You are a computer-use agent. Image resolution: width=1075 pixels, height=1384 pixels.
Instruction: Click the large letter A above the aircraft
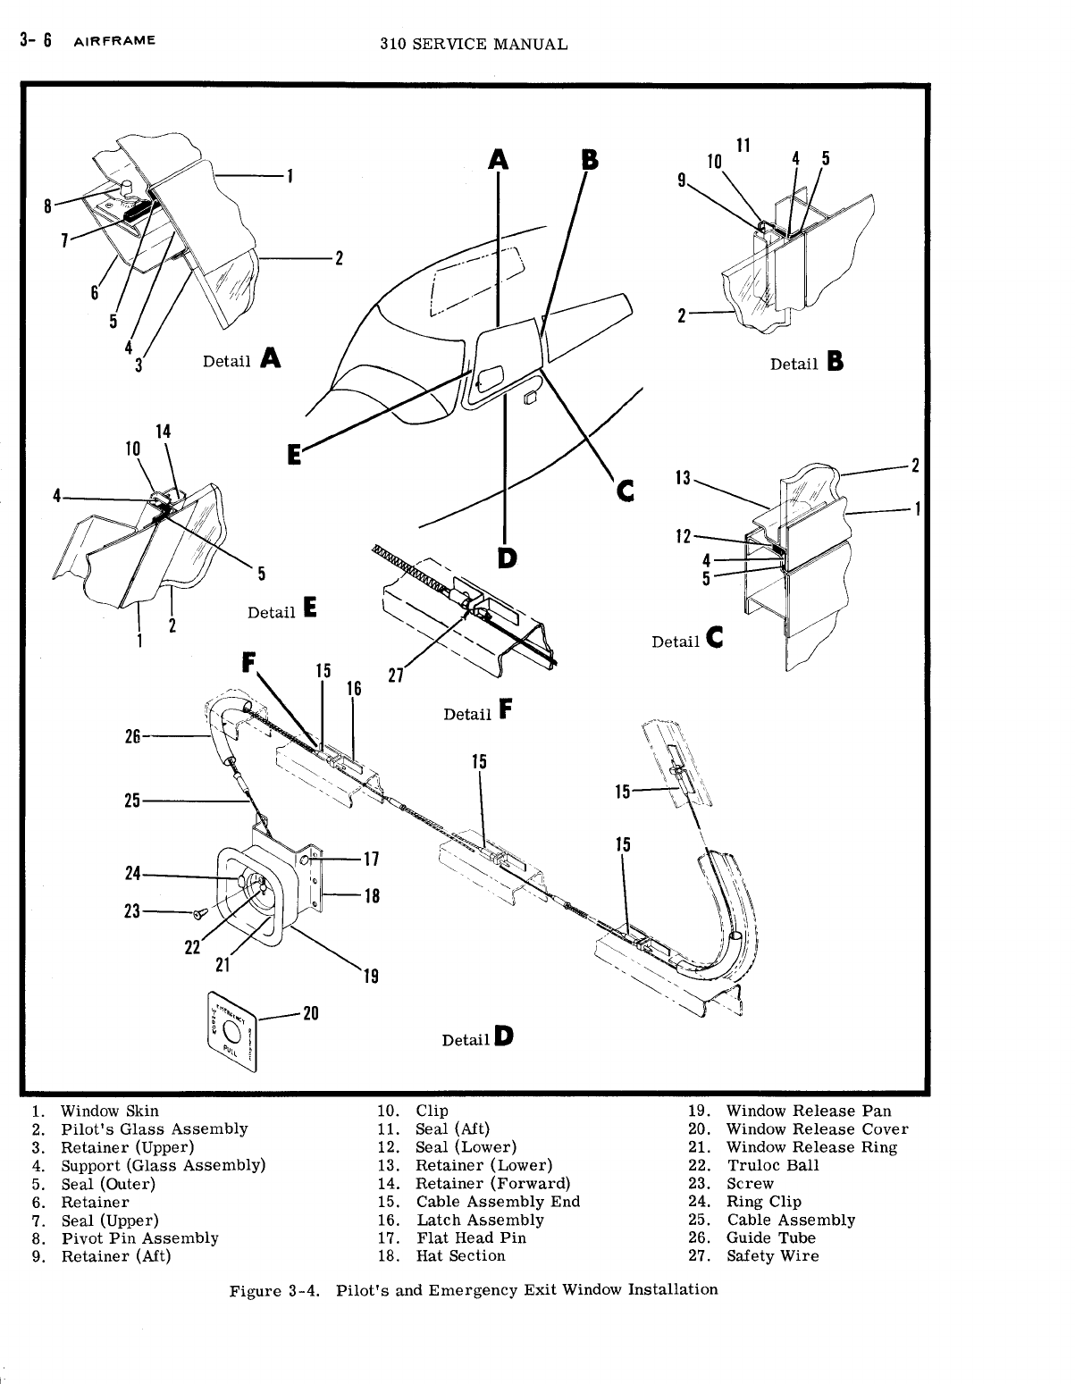499,159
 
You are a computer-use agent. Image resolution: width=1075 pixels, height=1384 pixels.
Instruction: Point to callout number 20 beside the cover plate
311,1012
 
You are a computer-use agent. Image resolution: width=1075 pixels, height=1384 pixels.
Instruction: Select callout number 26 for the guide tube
132,736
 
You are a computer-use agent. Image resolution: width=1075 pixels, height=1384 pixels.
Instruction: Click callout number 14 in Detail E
163,431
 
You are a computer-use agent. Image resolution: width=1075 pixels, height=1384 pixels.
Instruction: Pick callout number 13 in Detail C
684,478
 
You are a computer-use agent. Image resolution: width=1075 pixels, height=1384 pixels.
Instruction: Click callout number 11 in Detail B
743,145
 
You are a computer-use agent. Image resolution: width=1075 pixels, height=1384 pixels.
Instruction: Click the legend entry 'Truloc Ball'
772,1165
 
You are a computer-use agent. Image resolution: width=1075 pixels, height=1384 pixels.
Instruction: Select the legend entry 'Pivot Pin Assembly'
139,1238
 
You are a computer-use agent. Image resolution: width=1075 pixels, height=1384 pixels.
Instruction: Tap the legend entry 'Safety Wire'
772,1256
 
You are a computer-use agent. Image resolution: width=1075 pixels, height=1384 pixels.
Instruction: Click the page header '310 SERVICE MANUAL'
474,44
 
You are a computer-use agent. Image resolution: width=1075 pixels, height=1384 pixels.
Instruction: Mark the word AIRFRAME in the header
114,40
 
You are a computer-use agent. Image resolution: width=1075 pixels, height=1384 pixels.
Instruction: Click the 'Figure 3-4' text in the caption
269,1290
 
